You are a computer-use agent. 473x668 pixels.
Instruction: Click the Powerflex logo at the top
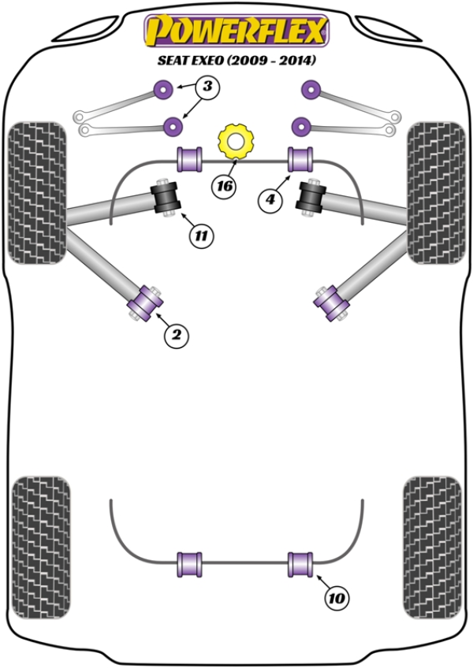[x=235, y=32]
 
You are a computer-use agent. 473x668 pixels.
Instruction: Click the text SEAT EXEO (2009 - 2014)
[x=236, y=61]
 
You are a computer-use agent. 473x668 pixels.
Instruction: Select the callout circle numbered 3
[x=206, y=87]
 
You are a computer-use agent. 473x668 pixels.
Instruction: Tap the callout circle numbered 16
[x=225, y=187]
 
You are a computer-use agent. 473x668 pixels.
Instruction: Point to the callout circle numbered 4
[x=270, y=200]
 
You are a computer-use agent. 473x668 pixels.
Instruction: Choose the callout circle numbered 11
[x=201, y=234]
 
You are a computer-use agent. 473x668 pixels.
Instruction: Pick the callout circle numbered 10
[x=337, y=599]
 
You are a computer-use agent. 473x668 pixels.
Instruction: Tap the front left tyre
[x=36, y=192]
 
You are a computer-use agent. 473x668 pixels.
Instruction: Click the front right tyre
[x=435, y=192]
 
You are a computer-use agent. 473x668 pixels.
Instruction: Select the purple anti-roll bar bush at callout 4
[x=300, y=158]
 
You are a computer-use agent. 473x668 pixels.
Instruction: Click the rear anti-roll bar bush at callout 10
[x=300, y=564]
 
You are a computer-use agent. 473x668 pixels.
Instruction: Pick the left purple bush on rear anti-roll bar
[x=190, y=564]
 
